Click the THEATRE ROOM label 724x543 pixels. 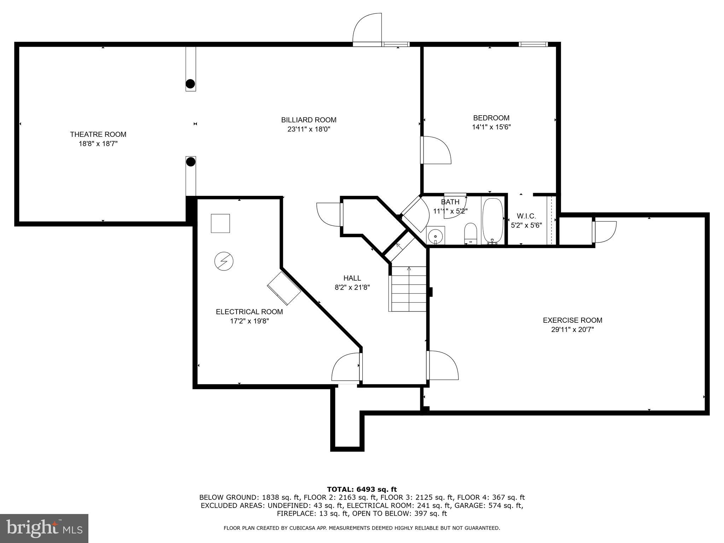pos(98,134)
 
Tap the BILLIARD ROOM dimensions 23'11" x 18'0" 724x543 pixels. pos(309,129)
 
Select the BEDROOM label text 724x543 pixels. pos(491,118)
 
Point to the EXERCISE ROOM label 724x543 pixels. pos(572,320)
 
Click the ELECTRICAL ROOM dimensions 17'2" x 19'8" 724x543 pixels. pos(249,321)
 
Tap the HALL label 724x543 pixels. pos(352,278)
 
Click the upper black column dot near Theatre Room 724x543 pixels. pos(190,84)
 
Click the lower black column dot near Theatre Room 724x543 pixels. pos(191,162)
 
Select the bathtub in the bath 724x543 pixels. pos(492,221)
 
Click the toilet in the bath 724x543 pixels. pos(470,233)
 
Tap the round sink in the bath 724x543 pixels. pos(435,235)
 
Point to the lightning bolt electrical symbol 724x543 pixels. pos(224,262)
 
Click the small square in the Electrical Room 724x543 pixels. pos(220,223)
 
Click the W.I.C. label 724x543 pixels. pos(526,216)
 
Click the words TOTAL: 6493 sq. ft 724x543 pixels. pos(362,489)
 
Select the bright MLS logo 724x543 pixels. pos(44,528)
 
